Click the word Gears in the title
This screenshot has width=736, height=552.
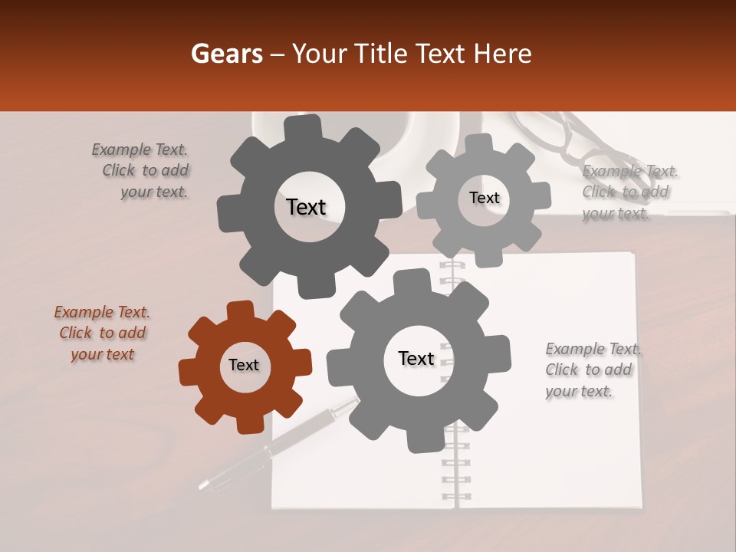[225, 54]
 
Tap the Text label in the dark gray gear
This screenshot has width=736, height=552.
[306, 207]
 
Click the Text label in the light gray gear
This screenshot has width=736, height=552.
[484, 198]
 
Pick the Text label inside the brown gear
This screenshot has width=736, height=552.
[244, 366]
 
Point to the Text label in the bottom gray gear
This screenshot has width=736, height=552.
[416, 359]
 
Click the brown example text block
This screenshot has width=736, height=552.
[102, 333]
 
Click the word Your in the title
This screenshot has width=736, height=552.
[310, 54]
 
